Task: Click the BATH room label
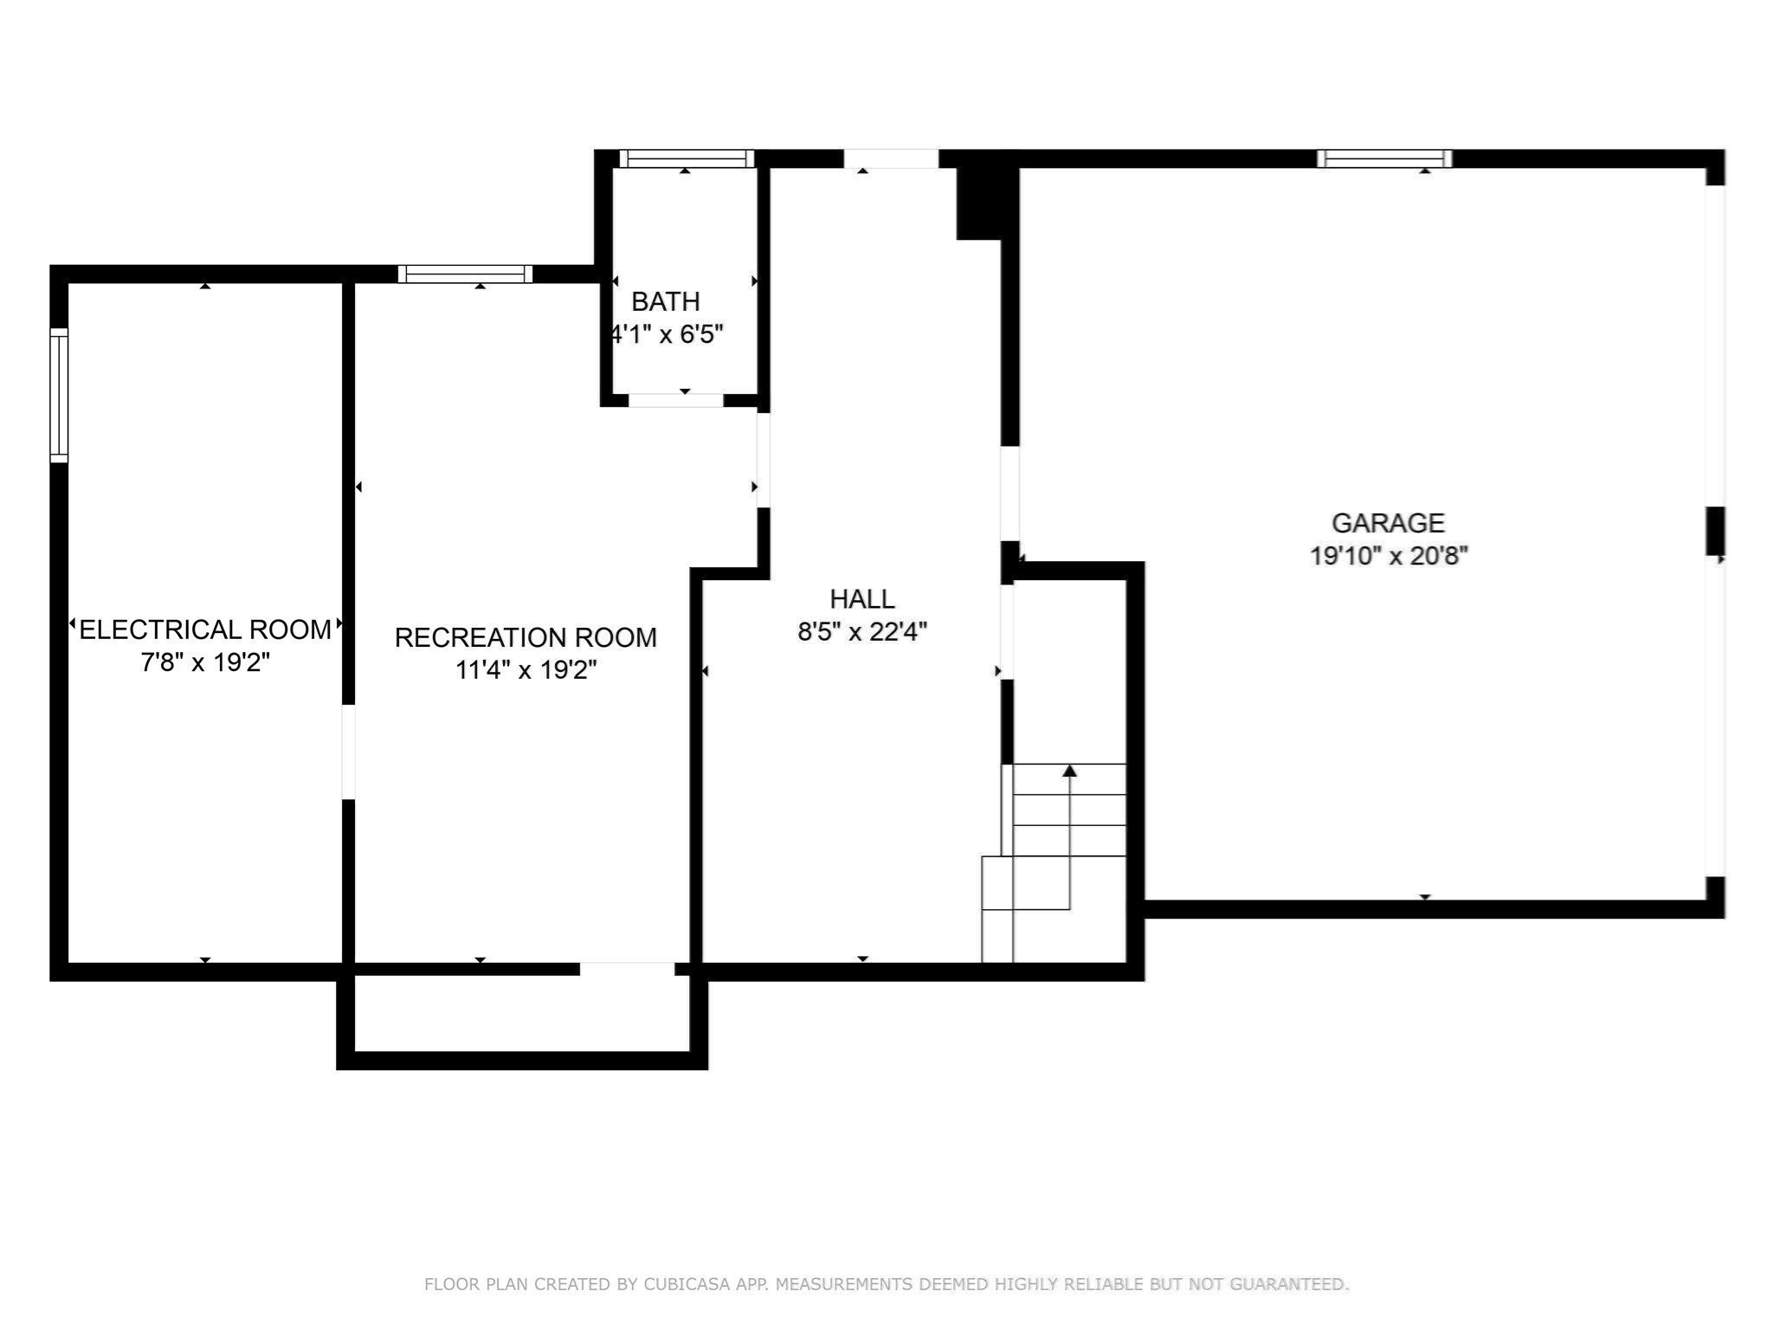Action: pyautogui.click(x=665, y=301)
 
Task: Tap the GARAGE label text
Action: pyautogui.click(x=1388, y=523)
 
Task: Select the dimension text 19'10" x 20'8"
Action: pyautogui.click(x=1388, y=556)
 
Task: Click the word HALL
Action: pyautogui.click(x=861, y=599)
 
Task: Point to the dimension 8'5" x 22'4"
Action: pyautogui.click(x=861, y=632)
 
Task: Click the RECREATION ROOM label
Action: pyautogui.click(x=525, y=637)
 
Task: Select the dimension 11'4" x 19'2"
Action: pyautogui.click(x=525, y=670)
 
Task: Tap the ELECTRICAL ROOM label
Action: pyautogui.click(x=205, y=629)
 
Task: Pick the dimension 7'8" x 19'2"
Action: pyautogui.click(x=205, y=662)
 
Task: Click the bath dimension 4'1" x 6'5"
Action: pyautogui.click(x=667, y=334)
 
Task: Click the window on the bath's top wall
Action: pyautogui.click(x=687, y=158)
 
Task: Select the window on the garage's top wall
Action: pyautogui.click(x=1384, y=158)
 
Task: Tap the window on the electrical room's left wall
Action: pyautogui.click(x=59, y=396)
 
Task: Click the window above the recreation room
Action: pyautogui.click(x=465, y=274)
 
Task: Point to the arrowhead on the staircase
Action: pyautogui.click(x=1069, y=771)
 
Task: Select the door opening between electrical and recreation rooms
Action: pyautogui.click(x=348, y=752)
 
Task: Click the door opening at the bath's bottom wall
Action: pyautogui.click(x=675, y=400)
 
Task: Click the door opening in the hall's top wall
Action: pyautogui.click(x=891, y=158)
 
